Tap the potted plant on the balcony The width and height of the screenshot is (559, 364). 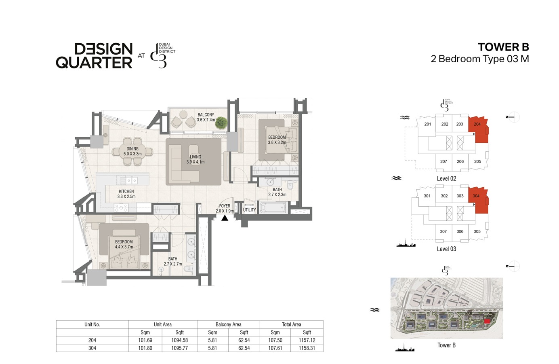(x=221, y=122)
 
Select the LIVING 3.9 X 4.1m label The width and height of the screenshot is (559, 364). (x=195, y=159)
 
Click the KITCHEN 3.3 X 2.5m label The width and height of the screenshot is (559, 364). (x=126, y=194)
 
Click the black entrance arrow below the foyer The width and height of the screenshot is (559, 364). (x=225, y=218)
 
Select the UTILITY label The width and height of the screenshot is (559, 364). (x=249, y=210)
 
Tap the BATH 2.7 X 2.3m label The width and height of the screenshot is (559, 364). (x=277, y=192)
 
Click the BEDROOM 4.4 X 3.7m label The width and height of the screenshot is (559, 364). (x=124, y=244)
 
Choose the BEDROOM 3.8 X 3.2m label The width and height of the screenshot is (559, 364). (x=277, y=140)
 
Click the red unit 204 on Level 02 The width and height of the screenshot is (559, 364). (x=479, y=129)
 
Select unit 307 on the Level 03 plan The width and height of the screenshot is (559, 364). (x=443, y=231)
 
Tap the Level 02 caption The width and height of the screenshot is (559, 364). (x=446, y=179)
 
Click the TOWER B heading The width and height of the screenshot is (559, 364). (x=503, y=47)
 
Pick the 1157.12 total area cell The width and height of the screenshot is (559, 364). (x=307, y=340)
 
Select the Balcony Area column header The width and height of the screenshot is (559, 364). (x=228, y=324)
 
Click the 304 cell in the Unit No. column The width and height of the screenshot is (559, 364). (x=92, y=348)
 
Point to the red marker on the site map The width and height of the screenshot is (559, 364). (x=487, y=321)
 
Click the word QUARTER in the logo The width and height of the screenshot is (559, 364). (x=94, y=63)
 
